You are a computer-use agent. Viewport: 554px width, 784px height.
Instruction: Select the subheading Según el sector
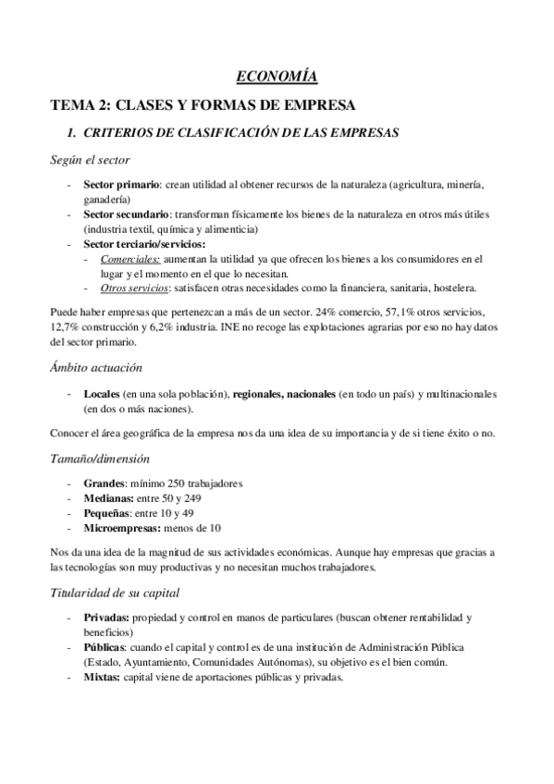click(90, 159)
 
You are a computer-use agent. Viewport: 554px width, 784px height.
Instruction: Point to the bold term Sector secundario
click(125, 214)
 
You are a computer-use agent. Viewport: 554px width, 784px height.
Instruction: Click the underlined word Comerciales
click(129, 259)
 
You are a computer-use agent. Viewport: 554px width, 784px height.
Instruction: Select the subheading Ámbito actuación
click(95, 368)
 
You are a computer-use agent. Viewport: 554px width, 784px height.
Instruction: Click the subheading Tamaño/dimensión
click(100, 459)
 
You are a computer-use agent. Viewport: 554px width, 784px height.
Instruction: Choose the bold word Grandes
click(104, 484)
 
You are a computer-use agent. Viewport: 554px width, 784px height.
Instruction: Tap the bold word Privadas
click(106, 617)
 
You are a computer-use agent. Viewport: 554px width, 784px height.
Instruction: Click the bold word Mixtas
click(102, 676)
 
